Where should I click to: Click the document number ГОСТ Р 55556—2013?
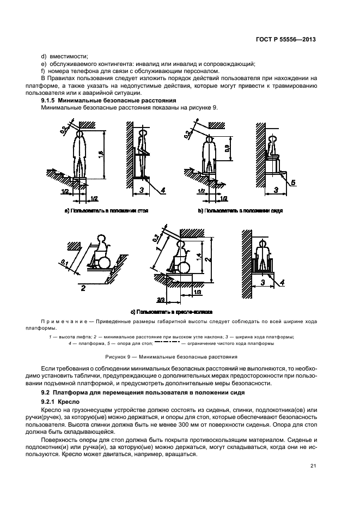pyautogui.click(x=289, y=40)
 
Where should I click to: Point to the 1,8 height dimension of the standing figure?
pyautogui.click(x=101, y=154)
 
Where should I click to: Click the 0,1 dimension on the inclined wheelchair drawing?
pyautogui.click(x=66, y=263)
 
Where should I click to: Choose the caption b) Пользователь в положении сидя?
pyautogui.click(x=240, y=210)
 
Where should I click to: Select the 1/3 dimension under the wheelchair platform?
pyautogui.click(x=197, y=293)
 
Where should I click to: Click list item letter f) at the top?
pyautogui.click(x=44, y=71)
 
